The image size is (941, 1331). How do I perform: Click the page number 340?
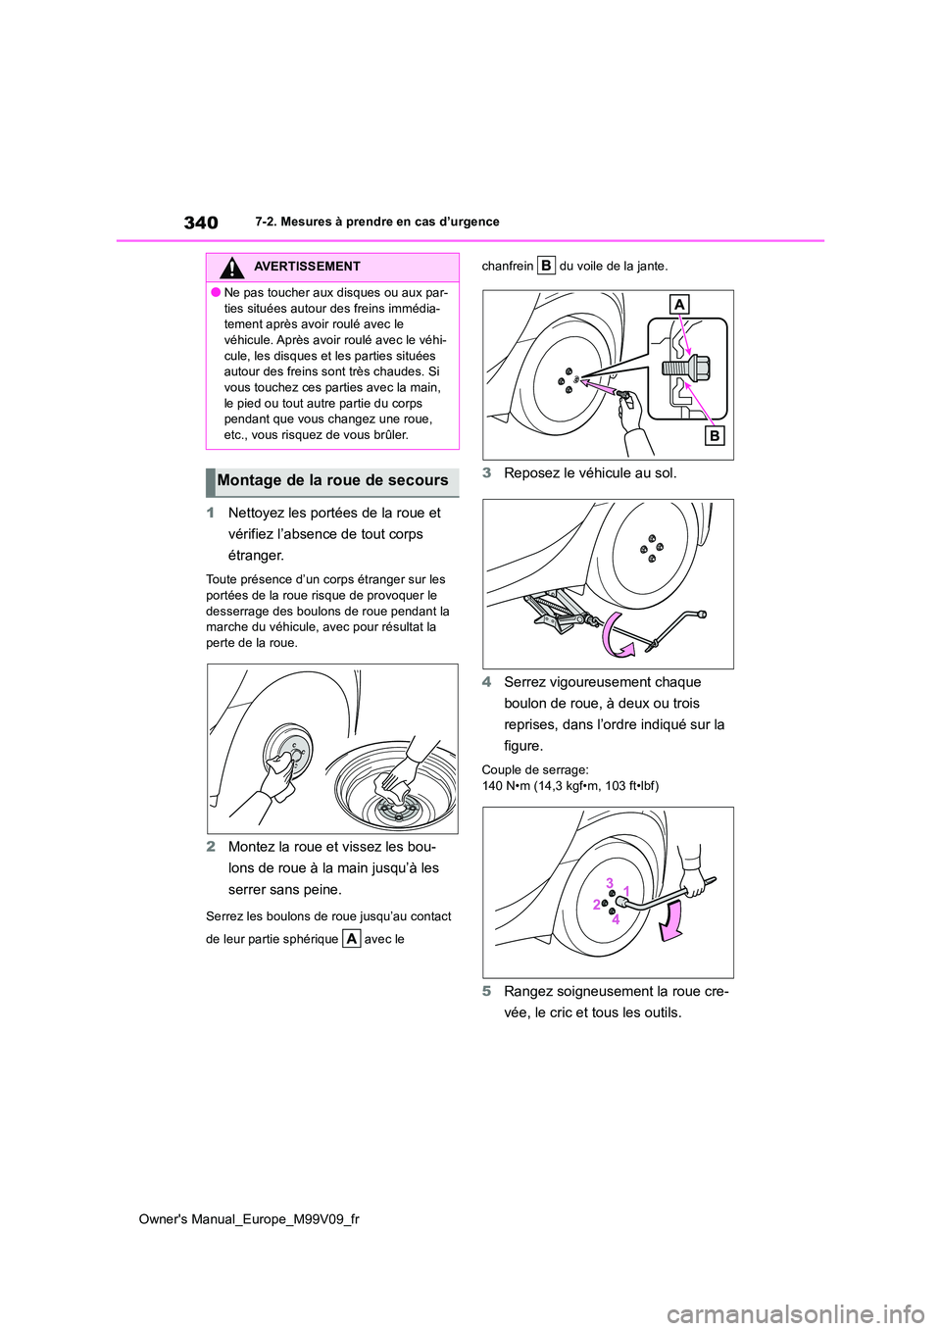(201, 222)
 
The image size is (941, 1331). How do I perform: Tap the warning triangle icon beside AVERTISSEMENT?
(231, 268)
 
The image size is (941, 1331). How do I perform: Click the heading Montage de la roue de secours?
(332, 481)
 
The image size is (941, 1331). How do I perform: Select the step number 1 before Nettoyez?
(211, 513)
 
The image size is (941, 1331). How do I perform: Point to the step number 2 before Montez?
(211, 847)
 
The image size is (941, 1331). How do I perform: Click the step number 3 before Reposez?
(487, 473)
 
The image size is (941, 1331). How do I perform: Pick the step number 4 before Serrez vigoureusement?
(487, 682)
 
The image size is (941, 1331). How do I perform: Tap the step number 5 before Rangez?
(487, 991)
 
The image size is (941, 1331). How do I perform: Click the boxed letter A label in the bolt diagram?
(679, 305)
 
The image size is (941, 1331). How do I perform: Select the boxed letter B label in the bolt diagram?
(715, 436)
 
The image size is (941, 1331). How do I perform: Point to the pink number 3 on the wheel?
(609, 883)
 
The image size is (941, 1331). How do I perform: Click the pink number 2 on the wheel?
(596, 905)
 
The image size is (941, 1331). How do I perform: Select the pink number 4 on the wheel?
(616, 919)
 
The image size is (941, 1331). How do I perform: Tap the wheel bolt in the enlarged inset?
(686, 369)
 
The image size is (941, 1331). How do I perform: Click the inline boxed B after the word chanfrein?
(546, 266)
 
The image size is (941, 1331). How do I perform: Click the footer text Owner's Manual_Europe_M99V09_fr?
(249, 1219)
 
